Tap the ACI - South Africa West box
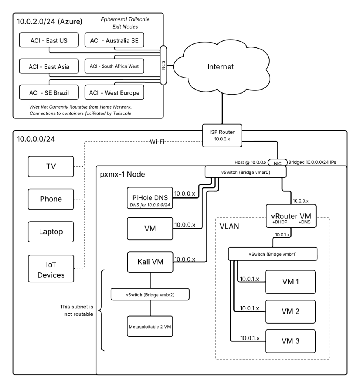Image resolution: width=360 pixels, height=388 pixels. click(114, 66)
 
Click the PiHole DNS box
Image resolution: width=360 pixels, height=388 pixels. click(150, 197)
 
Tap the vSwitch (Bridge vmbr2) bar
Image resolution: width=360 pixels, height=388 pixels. click(150, 294)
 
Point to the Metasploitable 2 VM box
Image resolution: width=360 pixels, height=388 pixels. click(150, 326)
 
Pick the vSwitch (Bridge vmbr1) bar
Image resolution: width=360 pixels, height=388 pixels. click(273, 254)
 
